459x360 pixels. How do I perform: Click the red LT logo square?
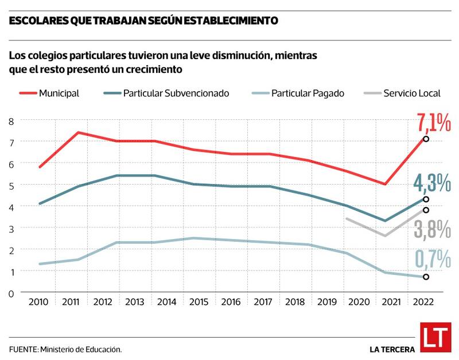pyautogui.click(x=435, y=338)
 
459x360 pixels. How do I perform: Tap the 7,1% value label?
pyautogui.click(x=433, y=123)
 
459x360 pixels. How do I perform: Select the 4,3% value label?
pyautogui.click(x=431, y=183)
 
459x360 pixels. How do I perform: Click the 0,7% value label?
pyautogui.click(x=432, y=260)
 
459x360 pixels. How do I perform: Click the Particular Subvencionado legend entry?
pyautogui.click(x=166, y=93)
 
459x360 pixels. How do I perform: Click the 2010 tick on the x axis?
pyautogui.click(x=39, y=301)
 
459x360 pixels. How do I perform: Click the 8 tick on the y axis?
pyautogui.click(x=10, y=120)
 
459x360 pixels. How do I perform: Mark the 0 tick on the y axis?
pyautogui.click(x=10, y=293)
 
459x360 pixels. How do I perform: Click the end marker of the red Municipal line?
pyautogui.click(x=426, y=139)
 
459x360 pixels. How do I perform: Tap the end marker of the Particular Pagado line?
pyautogui.click(x=426, y=277)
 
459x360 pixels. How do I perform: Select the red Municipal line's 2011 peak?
pyautogui.click(x=78, y=132)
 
